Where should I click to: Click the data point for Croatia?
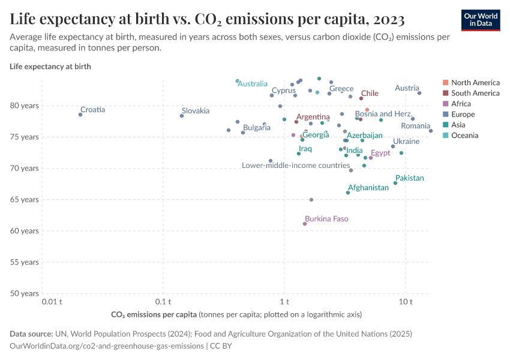click(80, 115)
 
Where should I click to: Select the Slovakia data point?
click(182, 116)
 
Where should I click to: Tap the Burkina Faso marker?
click(305, 224)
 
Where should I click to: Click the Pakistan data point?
click(395, 183)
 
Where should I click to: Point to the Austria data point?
click(419, 93)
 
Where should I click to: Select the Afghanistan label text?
click(368, 188)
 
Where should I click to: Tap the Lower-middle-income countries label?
click(296, 166)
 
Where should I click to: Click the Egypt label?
click(380, 154)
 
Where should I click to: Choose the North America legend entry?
click(475, 83)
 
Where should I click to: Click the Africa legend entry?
click(461, 104)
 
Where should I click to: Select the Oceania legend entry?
click(464, 136)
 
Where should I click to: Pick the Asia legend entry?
click(459, 125)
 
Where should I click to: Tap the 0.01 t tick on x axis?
click(53, 301)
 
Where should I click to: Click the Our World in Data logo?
click(480, 20)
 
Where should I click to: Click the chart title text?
click(207, 19)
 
